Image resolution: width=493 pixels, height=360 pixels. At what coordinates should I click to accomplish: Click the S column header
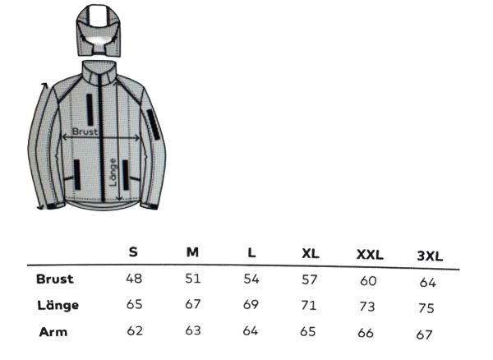[133, 252]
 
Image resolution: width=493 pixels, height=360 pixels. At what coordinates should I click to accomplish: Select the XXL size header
[370, 254]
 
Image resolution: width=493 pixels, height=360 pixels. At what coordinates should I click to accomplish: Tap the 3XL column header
[430, 256]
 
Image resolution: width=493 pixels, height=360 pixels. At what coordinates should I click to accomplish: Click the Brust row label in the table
[55, 279]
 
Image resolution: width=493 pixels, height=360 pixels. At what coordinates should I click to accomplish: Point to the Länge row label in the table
[58, 305]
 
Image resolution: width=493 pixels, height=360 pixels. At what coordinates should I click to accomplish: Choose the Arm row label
[53, 332]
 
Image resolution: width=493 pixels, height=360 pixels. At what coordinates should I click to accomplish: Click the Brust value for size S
[134, 279]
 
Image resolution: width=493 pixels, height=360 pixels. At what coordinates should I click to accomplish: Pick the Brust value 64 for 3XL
[427, 283]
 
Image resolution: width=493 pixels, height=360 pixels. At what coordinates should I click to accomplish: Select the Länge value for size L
[251, 304]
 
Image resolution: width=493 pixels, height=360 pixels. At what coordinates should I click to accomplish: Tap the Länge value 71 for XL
[308, 305]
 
